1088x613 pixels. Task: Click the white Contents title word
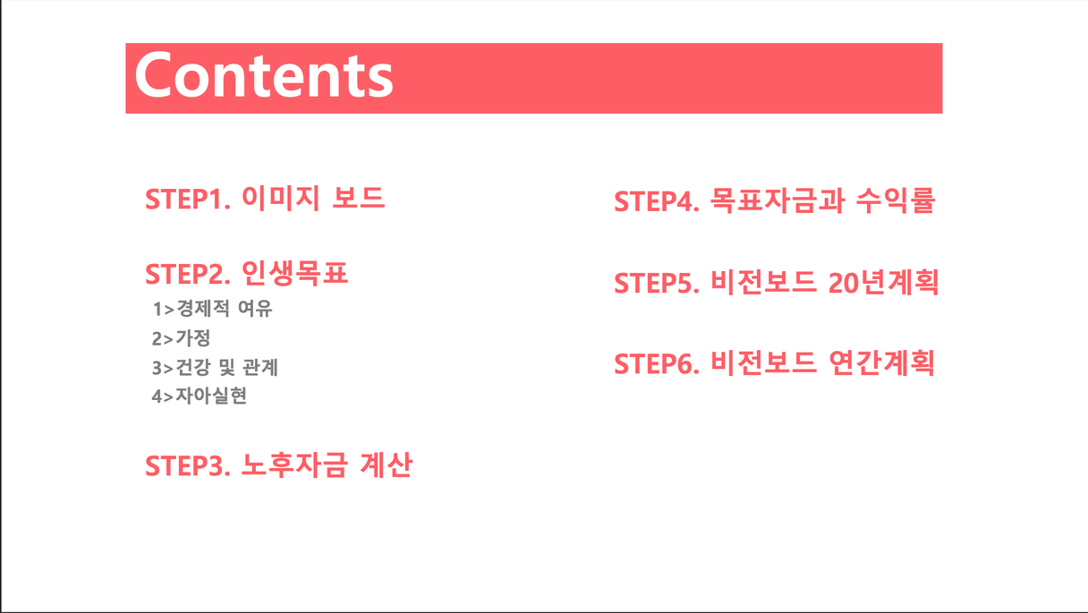264,75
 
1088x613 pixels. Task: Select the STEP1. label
188,200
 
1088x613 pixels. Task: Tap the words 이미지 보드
313,198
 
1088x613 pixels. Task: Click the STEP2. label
188,275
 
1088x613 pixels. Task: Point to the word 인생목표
295,273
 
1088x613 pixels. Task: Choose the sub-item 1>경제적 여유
212,309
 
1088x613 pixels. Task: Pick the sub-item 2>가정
181,338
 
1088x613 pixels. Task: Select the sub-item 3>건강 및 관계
215,367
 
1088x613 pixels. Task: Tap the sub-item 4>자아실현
200,396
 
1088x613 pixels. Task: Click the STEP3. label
188,466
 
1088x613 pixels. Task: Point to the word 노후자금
295,464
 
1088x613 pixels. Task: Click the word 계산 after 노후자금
387,464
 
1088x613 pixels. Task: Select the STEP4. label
657,201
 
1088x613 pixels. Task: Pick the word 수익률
895,200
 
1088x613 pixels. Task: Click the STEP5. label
657,283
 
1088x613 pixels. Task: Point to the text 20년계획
883,282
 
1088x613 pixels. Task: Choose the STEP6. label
657,364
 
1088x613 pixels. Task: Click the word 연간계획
881,362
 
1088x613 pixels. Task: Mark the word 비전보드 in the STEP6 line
763,362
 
